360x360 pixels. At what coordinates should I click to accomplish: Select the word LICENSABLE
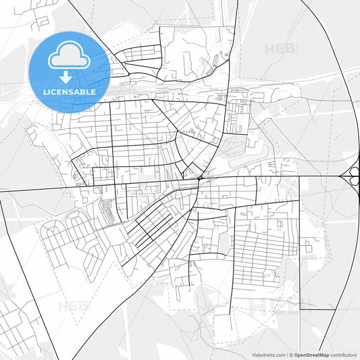tap(69, 91)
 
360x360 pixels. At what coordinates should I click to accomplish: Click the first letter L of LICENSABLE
tap(44, 91)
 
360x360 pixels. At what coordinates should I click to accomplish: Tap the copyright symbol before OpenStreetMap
tap(291, 354)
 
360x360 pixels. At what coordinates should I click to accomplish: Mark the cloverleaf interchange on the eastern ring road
tap(352, 176)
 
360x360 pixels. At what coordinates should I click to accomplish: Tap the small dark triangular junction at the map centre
tap(201, 178)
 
